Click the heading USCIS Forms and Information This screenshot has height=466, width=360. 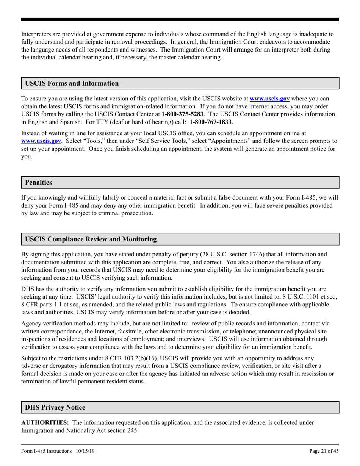(x=72, y=83)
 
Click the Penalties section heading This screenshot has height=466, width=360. (x=38, y=182)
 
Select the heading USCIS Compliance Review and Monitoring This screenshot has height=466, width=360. (x=91, y=239)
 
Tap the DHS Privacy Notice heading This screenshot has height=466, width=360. (x=55, y=407)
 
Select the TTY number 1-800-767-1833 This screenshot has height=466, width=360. (x=211, y=122)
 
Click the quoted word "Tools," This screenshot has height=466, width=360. (x=89, y=141)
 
